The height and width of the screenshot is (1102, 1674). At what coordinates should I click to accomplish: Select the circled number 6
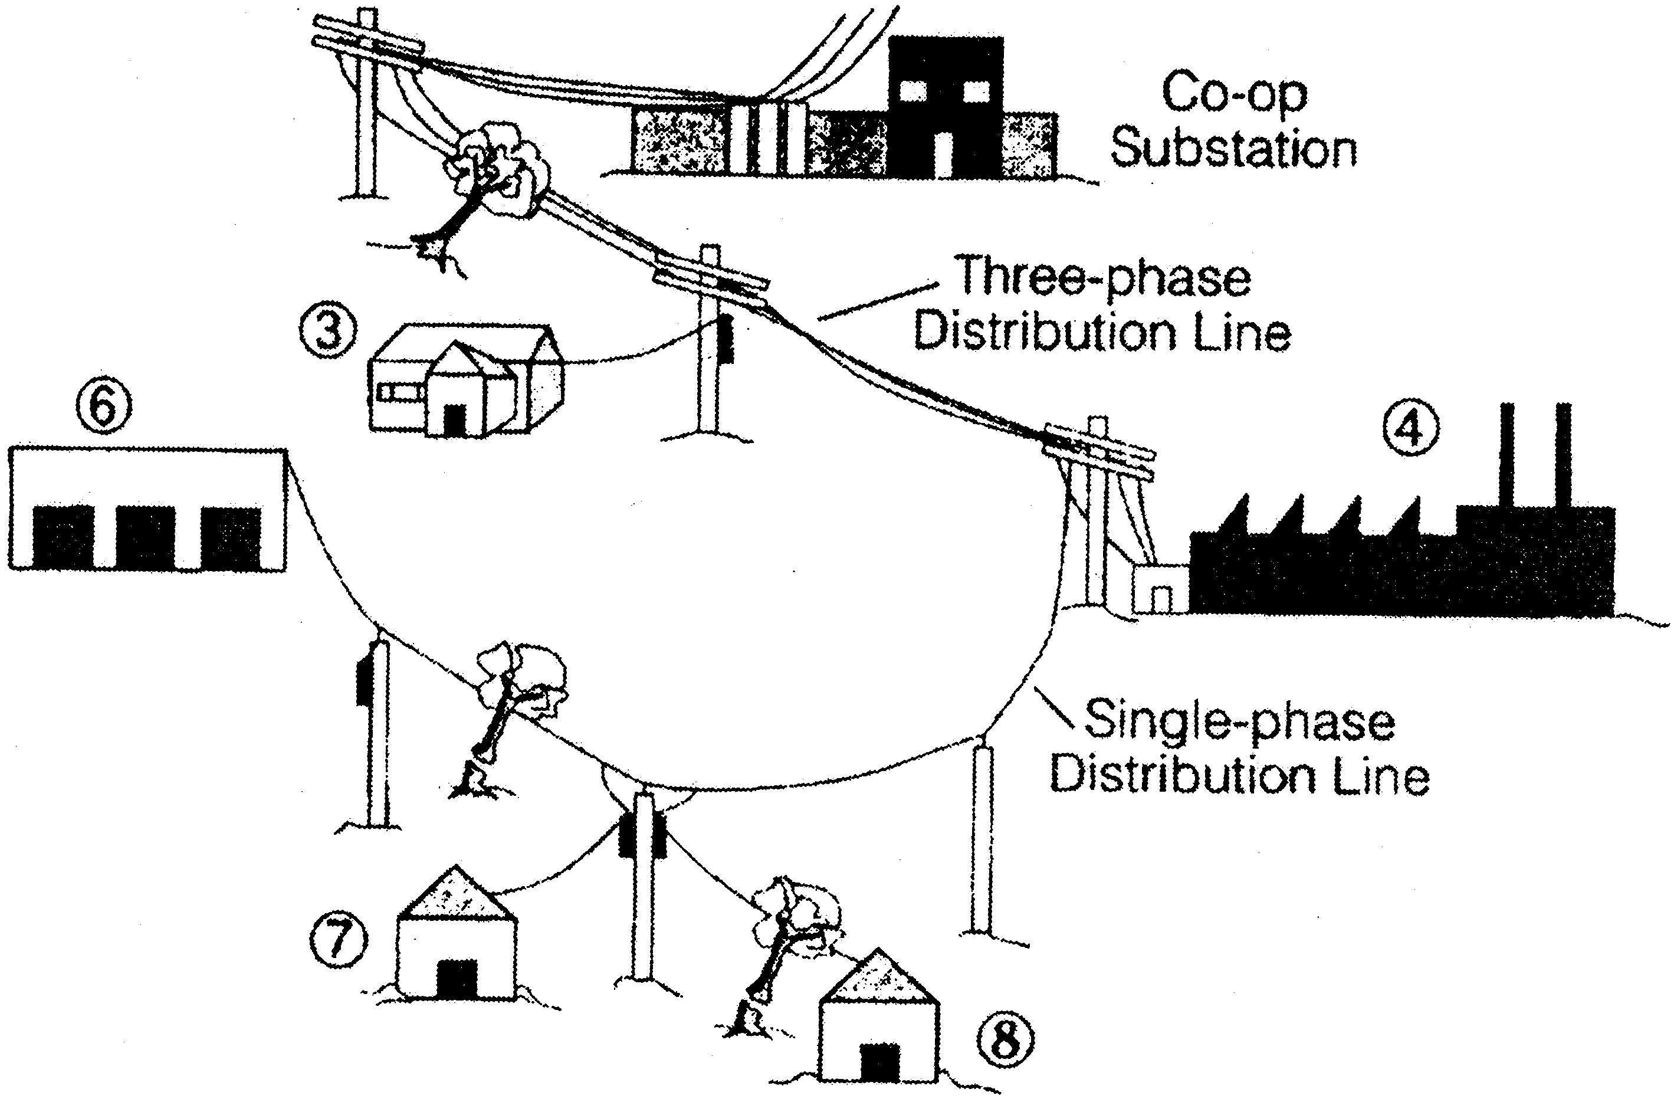pos(103,409)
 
